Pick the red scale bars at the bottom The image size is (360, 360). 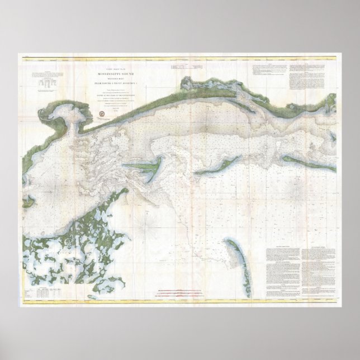(x=181, y=291)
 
